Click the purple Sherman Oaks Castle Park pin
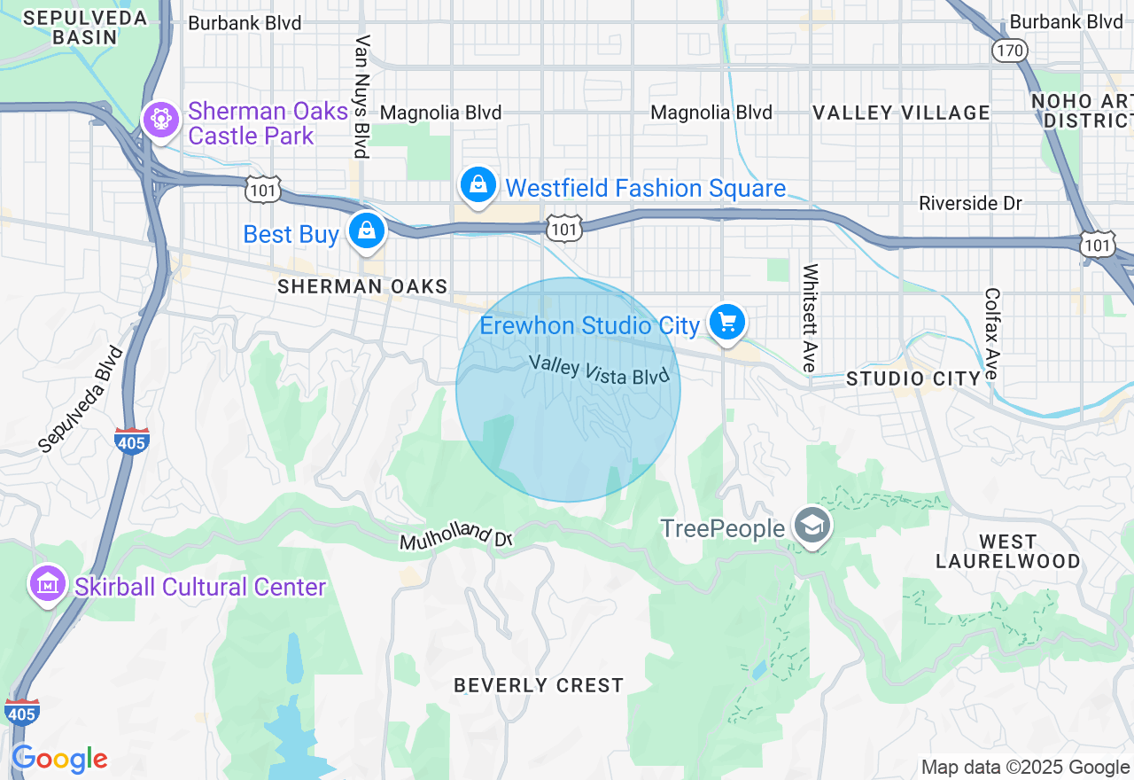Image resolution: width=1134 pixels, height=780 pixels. click(160, 120)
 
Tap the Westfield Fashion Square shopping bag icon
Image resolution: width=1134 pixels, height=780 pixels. click(478, 184)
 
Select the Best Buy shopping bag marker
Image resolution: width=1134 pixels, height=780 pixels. click(365, 231)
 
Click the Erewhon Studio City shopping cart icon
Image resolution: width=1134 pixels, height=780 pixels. click(727, 323)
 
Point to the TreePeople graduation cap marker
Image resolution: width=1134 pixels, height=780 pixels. click(811, 526)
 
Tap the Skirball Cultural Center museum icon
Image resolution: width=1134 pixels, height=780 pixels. click(47, 584)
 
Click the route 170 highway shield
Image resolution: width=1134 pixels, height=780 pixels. click(1009, 50)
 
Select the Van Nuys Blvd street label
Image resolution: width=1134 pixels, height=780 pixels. click(361, 96)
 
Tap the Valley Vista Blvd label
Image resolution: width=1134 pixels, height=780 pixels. click(598, 370)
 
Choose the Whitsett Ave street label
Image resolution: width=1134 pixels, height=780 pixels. click(810, 318)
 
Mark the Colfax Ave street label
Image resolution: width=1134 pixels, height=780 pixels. click(991, 333)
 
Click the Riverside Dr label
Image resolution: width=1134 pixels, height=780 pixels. click(970, 203)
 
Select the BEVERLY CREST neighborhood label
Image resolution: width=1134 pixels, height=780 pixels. click(539, 685)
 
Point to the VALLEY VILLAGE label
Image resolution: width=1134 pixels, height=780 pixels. click(901, 113)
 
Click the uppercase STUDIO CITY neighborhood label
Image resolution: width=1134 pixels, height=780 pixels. click(913, 378)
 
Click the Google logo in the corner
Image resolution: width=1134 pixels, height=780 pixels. click(59, 760)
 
